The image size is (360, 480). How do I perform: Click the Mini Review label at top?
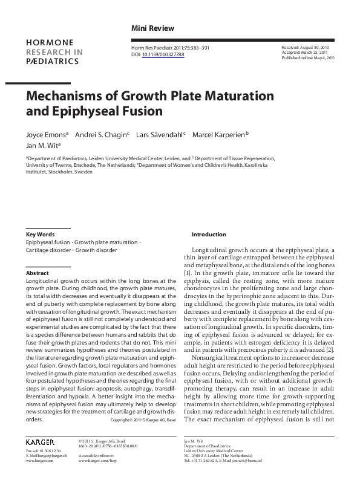click(152, 28)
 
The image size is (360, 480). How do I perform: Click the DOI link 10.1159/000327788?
click(163, 54)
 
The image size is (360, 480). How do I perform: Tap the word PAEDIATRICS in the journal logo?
click(53, 62)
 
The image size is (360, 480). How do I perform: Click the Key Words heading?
click(41, 234)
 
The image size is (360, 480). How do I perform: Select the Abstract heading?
click(38, 273)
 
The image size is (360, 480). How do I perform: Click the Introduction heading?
click(209, 234)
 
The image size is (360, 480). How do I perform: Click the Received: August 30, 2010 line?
click(306, 47)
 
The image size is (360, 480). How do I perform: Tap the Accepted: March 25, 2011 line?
click(306, 52)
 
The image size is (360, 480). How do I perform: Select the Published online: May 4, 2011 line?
click(309, 57)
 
